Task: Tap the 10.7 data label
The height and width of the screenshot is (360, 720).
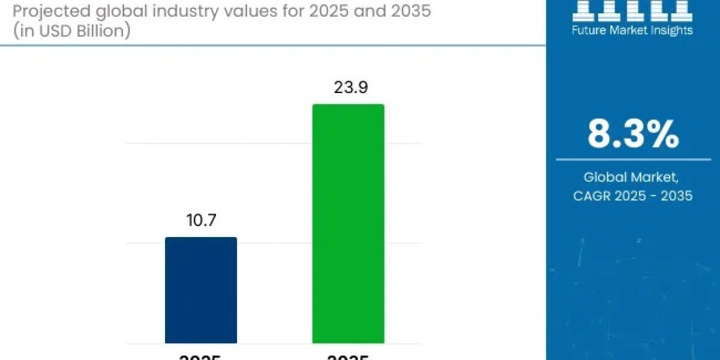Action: (201, 220)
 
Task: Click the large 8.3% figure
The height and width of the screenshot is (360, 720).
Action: (633, 134)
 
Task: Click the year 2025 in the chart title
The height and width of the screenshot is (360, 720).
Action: (328, 11)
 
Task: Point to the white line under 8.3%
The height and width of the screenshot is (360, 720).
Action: (633, 160)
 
